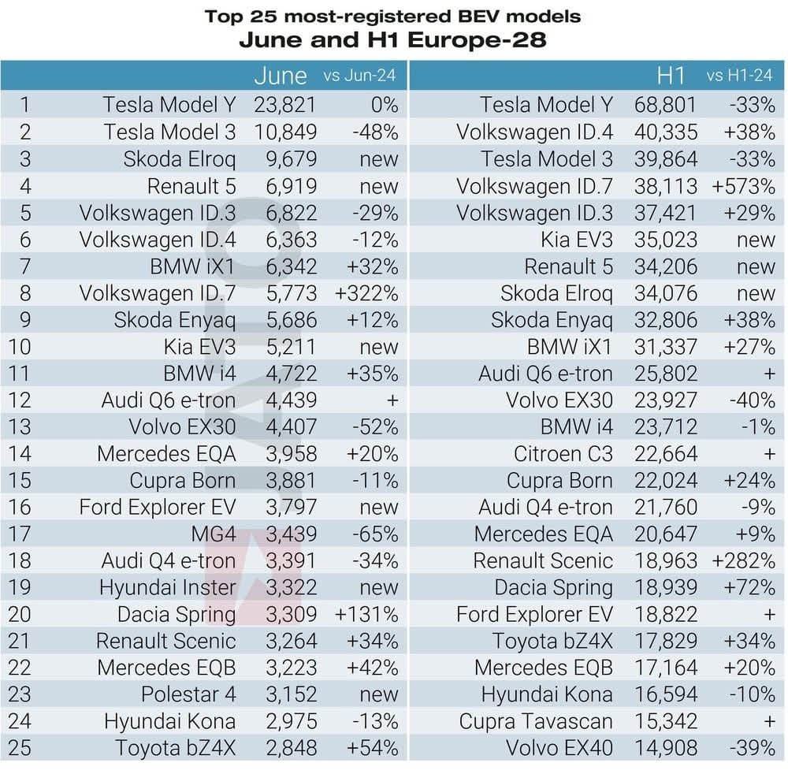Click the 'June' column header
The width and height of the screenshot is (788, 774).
click(281, 76)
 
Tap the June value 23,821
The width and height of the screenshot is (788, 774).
click(285, 105)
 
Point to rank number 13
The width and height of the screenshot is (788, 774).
click(19, 426)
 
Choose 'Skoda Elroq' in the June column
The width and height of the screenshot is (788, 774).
click(180, 158)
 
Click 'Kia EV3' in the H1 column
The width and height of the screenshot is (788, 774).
click(577, 239)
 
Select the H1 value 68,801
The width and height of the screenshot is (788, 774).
click(666, 105)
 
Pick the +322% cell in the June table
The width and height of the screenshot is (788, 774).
click(366, 292)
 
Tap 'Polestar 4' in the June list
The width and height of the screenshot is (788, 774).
click(188, 694)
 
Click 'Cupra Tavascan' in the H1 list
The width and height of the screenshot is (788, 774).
click(536, 720)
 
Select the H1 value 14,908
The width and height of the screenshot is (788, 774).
click(666, 747)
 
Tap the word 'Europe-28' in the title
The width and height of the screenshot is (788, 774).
click(481, 38)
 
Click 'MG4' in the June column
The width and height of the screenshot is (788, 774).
click(213, 534)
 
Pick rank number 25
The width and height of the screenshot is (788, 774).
click(19, 747)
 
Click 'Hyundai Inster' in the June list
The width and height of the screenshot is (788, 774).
click(167, 587)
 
